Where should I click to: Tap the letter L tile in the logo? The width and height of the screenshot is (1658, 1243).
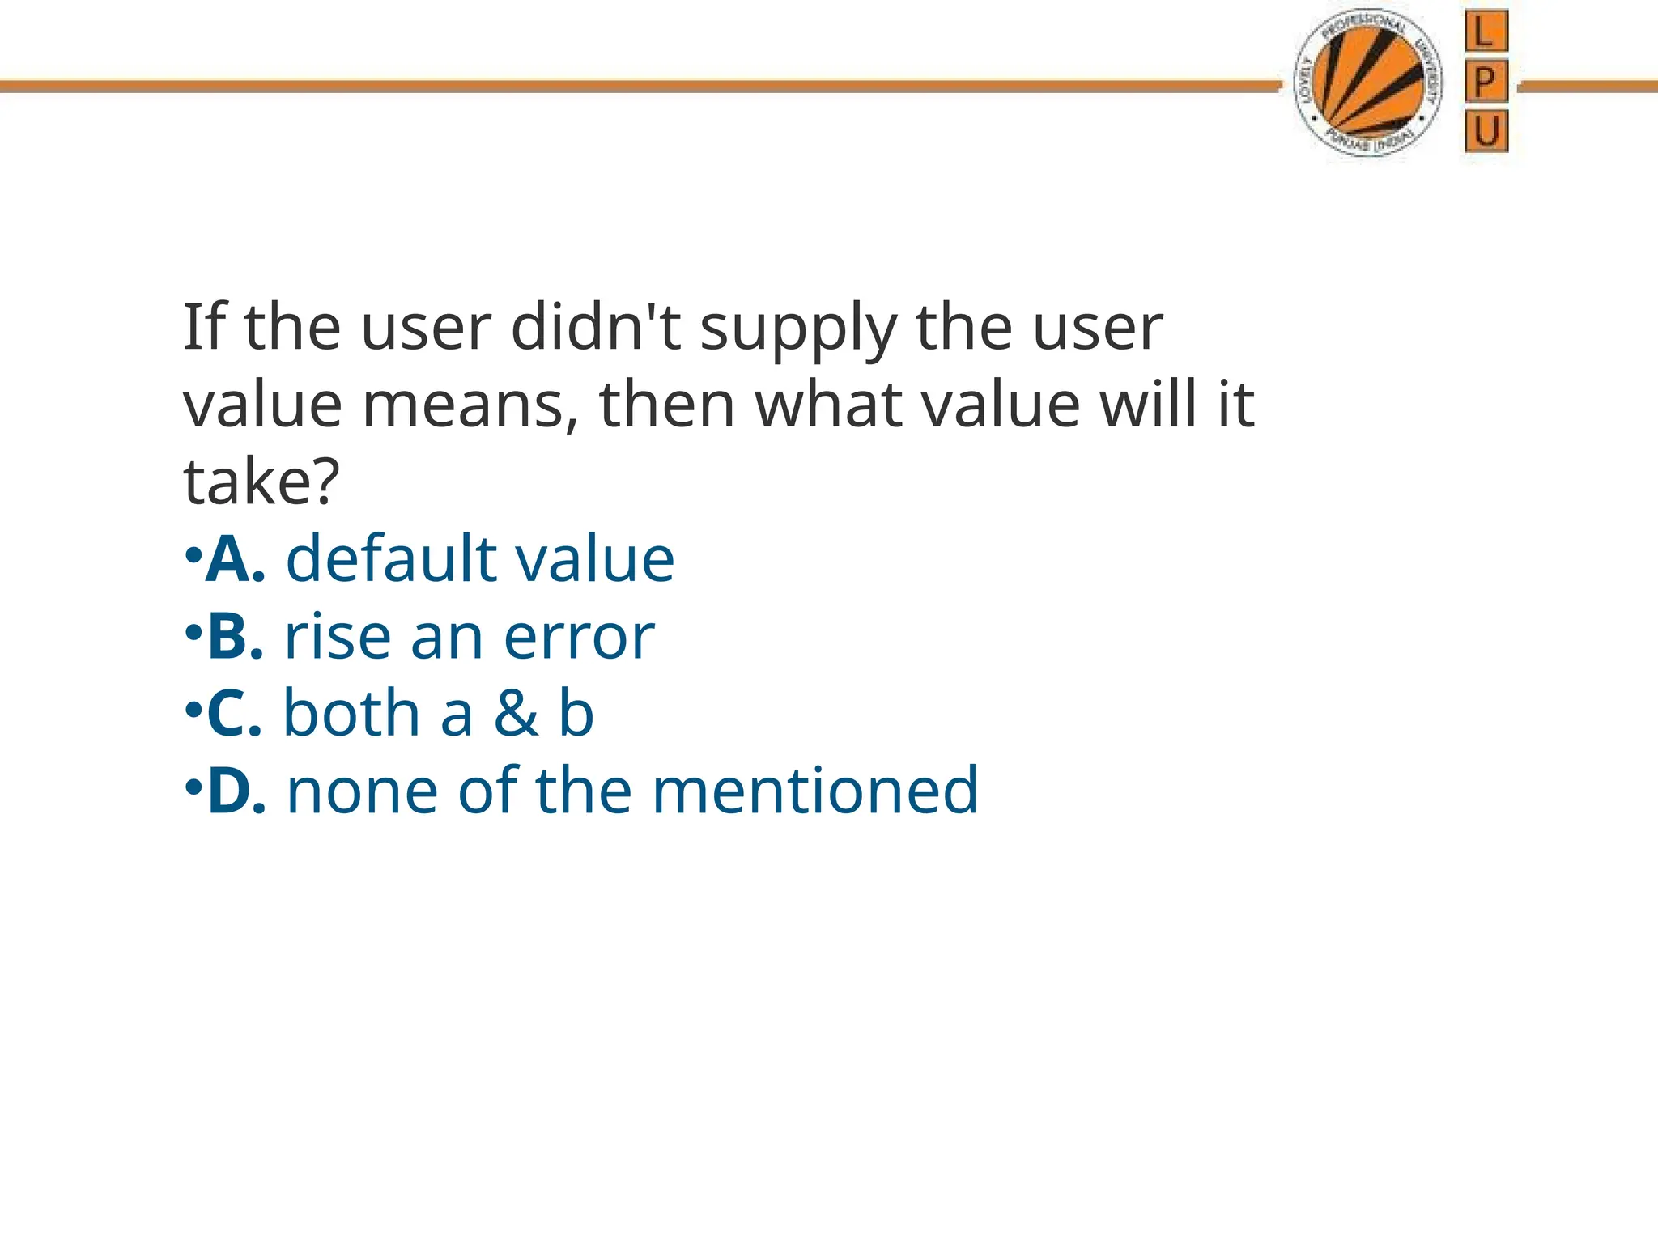[1486, 32]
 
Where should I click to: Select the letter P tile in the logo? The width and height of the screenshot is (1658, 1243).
[1486, 81]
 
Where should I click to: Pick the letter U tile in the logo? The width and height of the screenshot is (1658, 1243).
[1486, 130]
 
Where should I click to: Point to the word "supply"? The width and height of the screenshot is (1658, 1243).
[797, 330]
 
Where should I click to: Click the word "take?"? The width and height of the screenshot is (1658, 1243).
[261, 482]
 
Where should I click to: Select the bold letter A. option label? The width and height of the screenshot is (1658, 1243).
[236, 559]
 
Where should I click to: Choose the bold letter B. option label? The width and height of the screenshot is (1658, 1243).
[236, 637]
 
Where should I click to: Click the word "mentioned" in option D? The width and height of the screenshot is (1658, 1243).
[815, 791]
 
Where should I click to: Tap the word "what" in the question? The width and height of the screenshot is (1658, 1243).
[829, 405]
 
